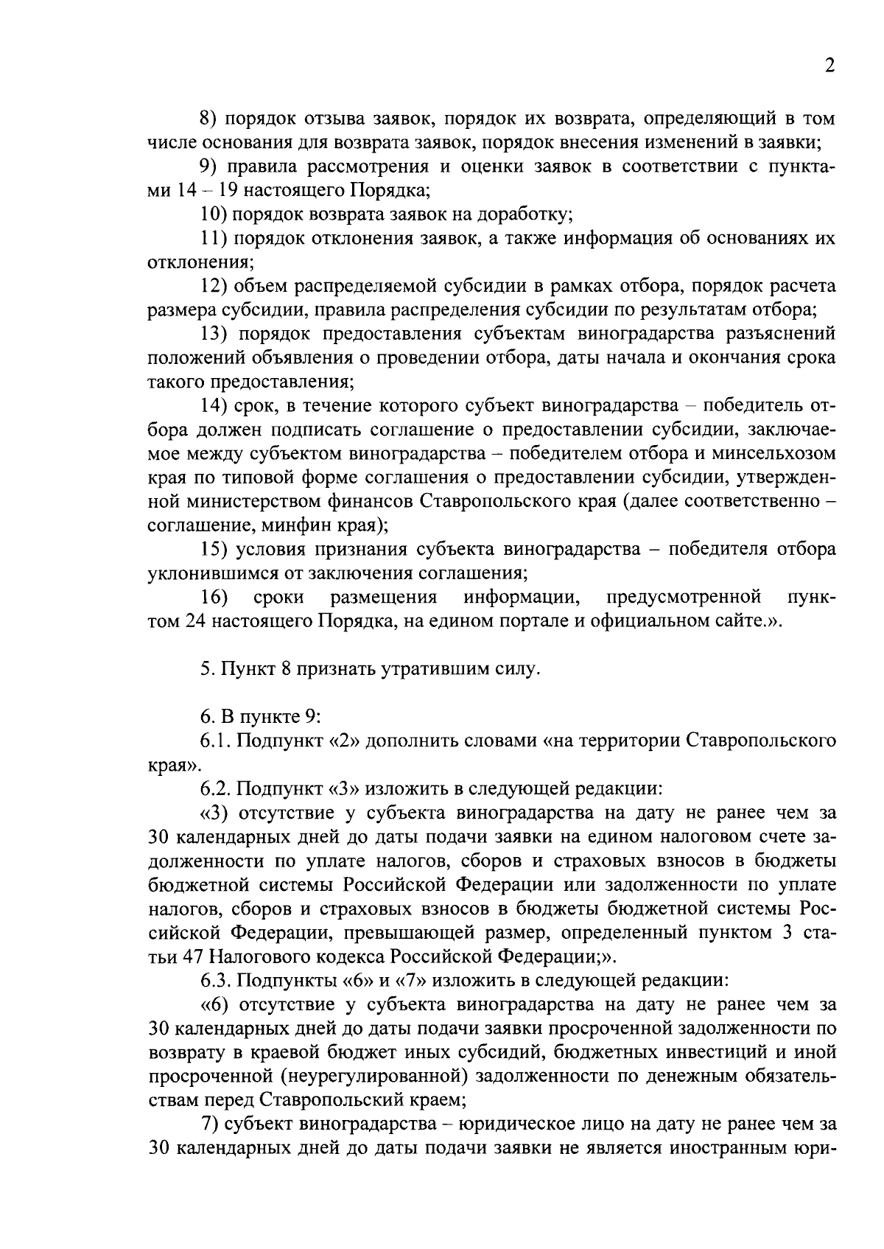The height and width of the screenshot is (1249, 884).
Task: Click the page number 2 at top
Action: (x=829, y=66)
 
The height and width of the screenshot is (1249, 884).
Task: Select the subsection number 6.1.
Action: (x=214, y=741)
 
